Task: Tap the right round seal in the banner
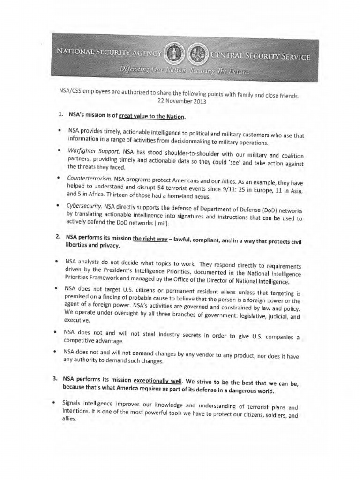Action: tap(196, 57)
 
